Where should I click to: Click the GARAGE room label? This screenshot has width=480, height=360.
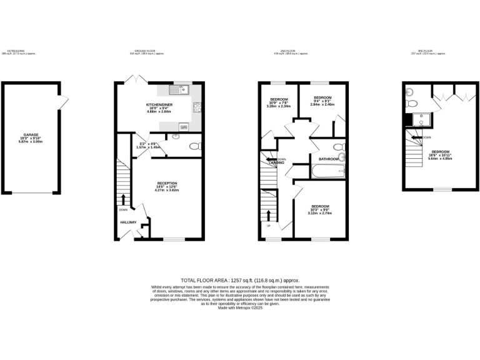click(31, 134)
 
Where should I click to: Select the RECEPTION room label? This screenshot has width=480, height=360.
click(167, 183)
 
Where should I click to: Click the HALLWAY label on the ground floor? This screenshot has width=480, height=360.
click(129, 222)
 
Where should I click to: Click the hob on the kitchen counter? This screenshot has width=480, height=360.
click(197, 107)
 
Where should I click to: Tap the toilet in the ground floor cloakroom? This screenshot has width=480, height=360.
click(194, 147)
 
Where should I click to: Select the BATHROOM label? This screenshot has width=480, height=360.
click(329, 159)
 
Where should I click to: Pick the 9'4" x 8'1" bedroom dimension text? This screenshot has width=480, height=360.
click(322, 104)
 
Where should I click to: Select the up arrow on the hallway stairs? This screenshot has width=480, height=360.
click(122, 199)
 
